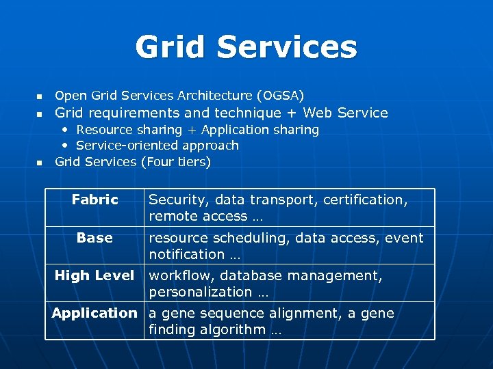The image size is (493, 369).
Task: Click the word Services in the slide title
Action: tap(288, 48)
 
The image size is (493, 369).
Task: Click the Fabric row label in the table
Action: tap(95, 200)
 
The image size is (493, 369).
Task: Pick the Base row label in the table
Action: tap(94, 237)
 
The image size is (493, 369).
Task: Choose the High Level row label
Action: tap(94, 275)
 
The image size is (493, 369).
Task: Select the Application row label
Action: tap(94, 313)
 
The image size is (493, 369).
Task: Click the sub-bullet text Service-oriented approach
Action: tap(157, 146)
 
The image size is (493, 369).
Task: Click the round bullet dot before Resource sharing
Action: tap(65, 130)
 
